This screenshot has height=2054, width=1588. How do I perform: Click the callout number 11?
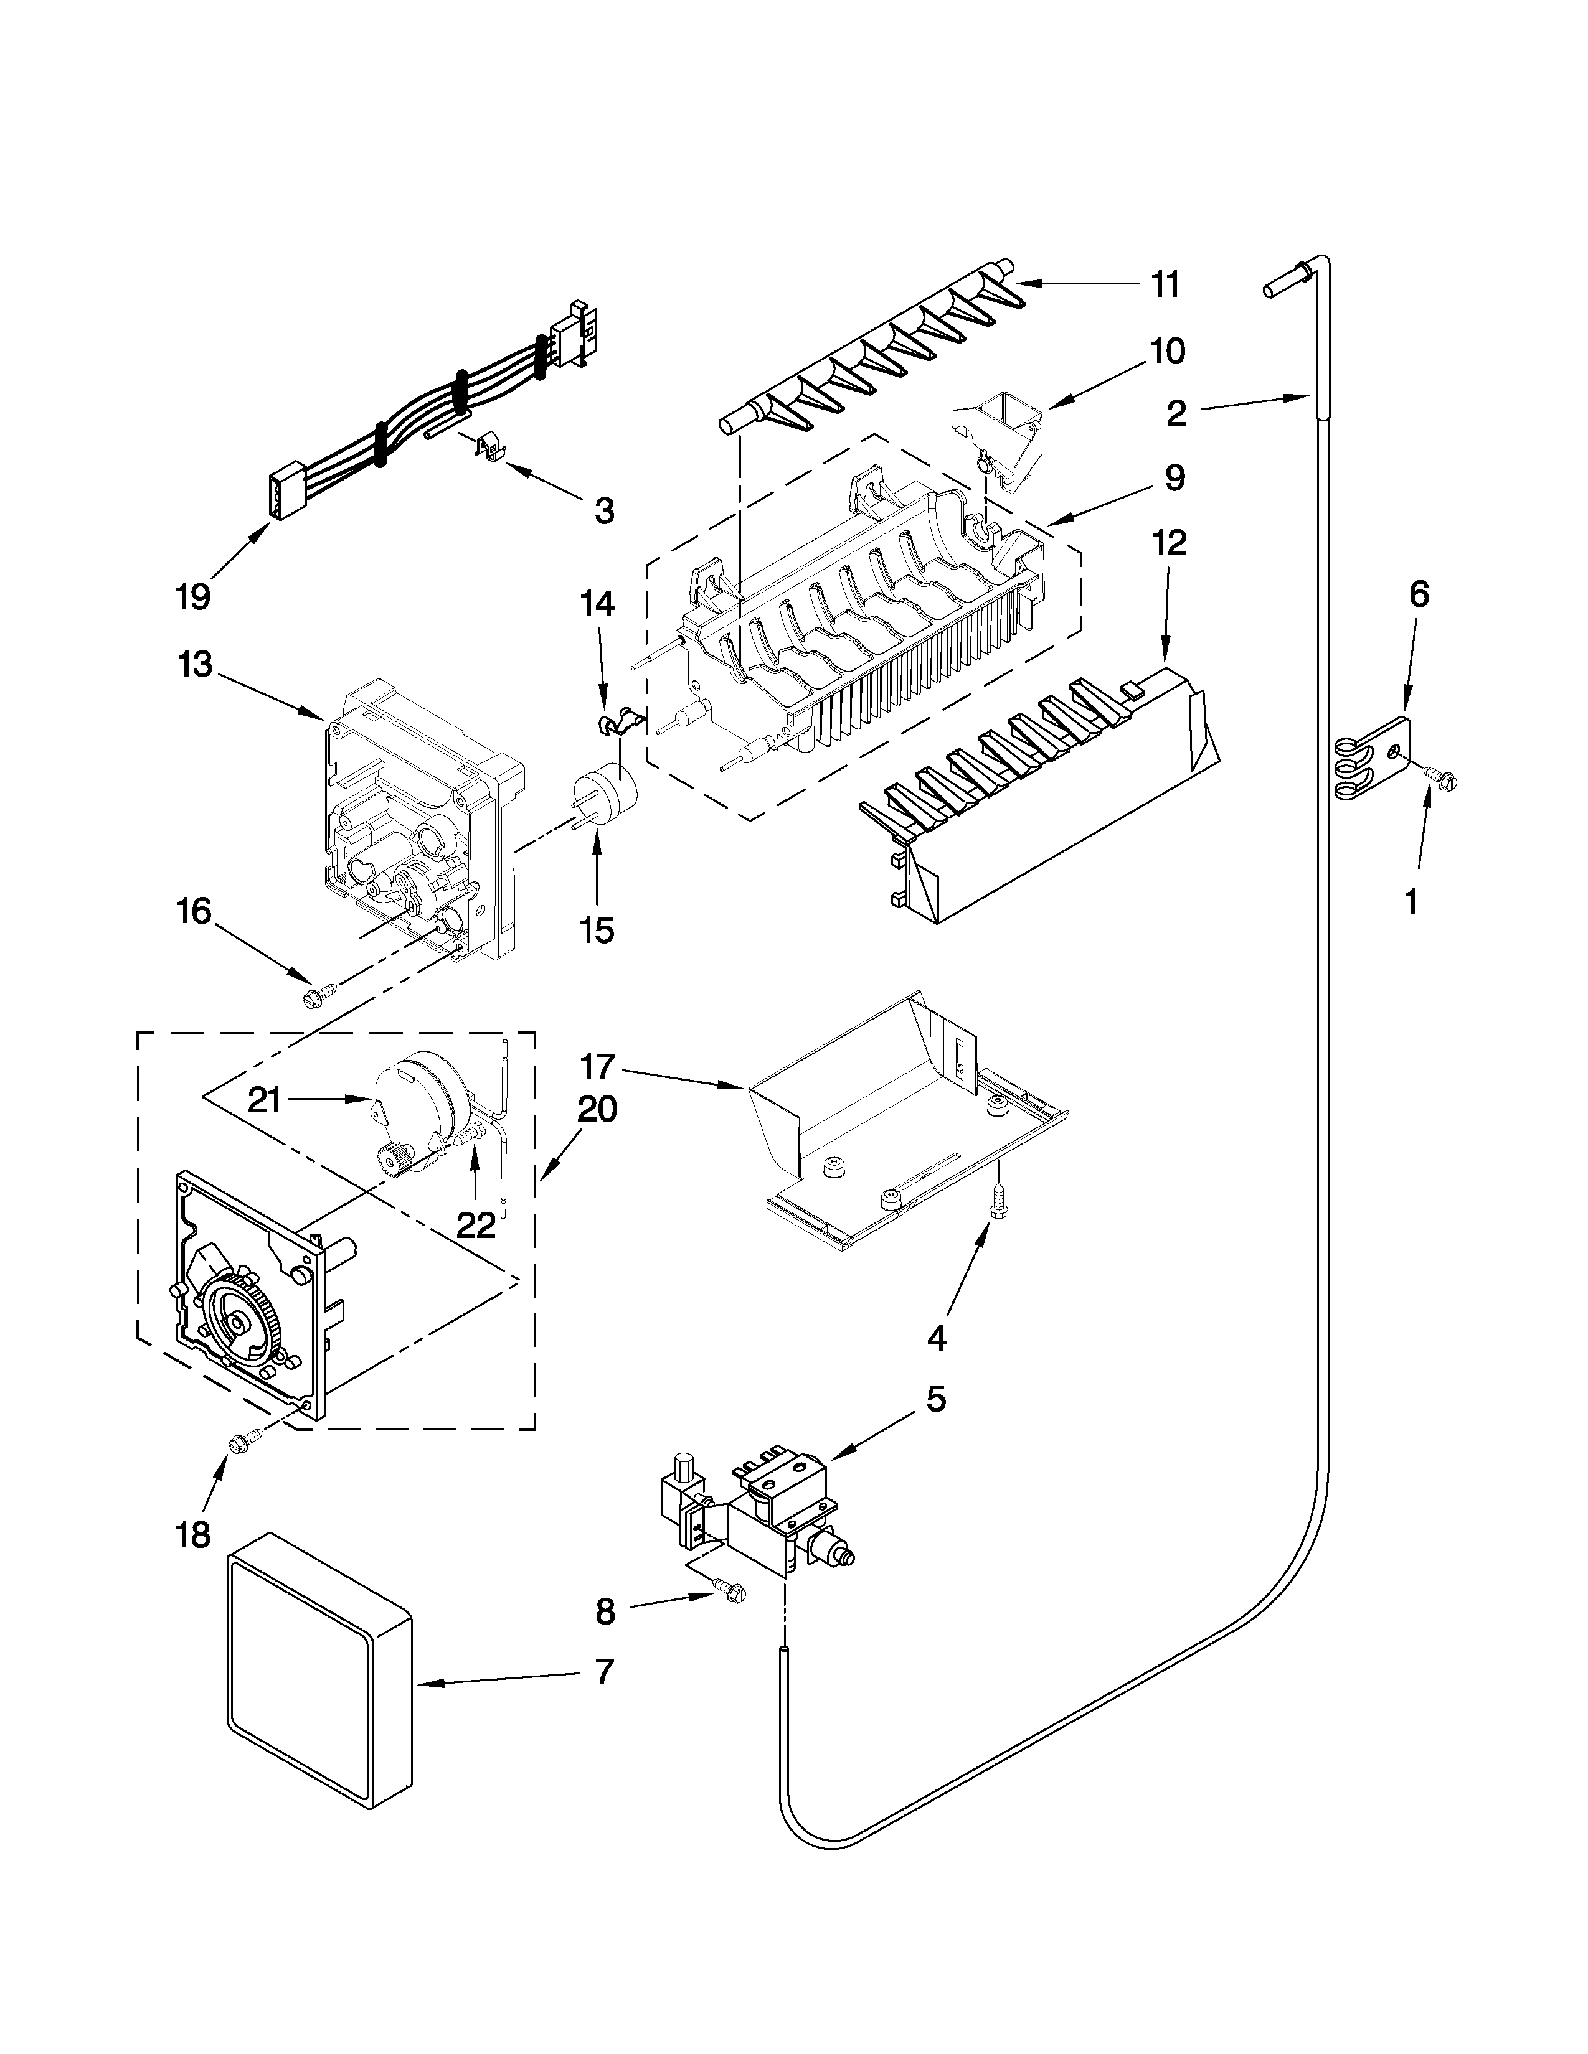pyautogui.click(x=1166, y=284)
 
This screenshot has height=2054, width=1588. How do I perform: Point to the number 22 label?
pyautogui.click(x=476, y=1224)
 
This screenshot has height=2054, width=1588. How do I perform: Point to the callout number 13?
pyautogui.click(x=195, y=665)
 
